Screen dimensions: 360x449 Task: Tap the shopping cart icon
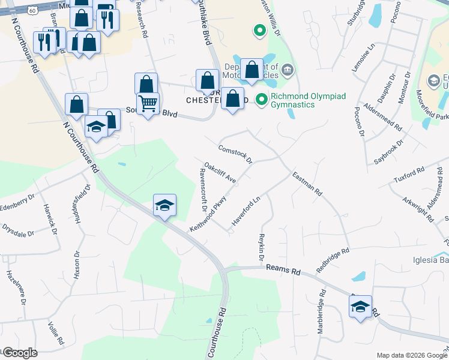(148, 103)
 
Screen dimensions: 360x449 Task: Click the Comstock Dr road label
(235, 154)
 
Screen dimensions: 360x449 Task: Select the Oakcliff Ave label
(220, 172)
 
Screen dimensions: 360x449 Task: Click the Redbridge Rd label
(333, 259)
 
